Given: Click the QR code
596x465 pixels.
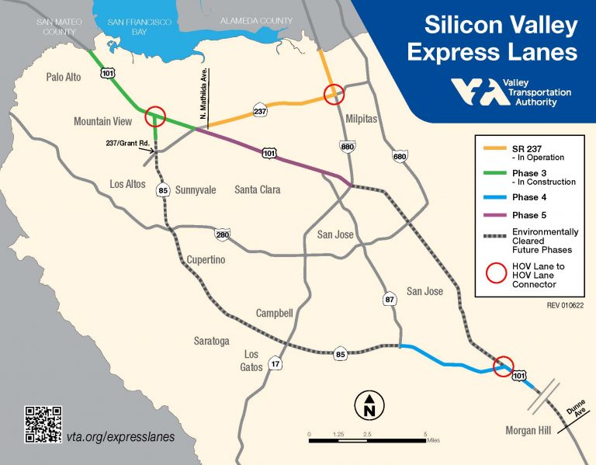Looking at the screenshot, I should point(43,425).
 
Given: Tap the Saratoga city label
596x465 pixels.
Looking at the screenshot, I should point(212,341).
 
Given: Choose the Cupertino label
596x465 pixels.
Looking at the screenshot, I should point(206,260).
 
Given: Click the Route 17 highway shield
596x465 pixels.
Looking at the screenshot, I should point(275,363).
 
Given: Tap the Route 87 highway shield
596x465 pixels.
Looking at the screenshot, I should point(390,297).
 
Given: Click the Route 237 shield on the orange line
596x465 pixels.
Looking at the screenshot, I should point(260,112).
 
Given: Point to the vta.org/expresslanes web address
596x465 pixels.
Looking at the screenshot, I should point(121,436).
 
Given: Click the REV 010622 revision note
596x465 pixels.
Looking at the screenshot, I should point(563,305).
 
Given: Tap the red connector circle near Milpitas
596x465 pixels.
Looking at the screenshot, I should point(334,94).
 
